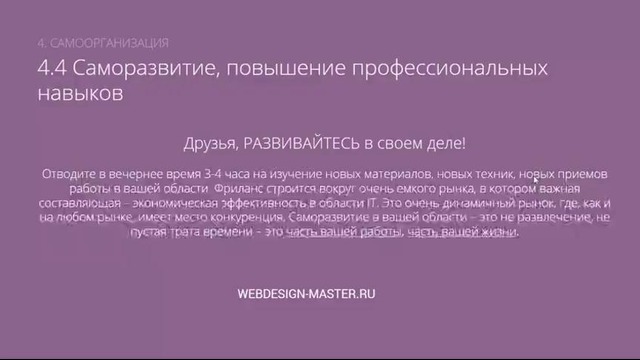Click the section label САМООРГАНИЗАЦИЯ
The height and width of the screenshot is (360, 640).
(109, 43)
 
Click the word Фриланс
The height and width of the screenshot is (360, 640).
(238, 188)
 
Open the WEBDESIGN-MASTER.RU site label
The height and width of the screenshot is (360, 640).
(306, 295)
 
